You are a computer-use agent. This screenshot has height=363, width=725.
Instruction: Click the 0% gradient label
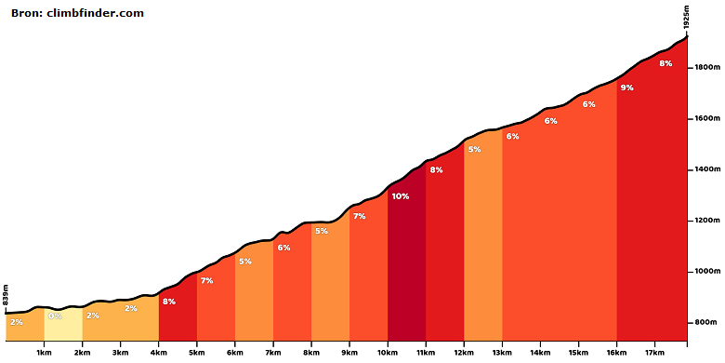click(x=55, y=316)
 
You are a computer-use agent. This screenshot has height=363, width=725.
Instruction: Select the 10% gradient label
click(x=401, y=196)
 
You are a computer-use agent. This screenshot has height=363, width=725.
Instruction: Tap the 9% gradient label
click(x=627, y=87)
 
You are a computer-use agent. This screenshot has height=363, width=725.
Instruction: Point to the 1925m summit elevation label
click(x=687, y=19)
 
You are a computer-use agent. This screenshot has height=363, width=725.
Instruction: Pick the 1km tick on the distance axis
click(x=44, y=352)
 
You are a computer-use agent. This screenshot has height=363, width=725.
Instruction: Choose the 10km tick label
click(x=388, y=352)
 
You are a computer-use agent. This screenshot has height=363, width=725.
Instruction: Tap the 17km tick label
click(x=654, y=352)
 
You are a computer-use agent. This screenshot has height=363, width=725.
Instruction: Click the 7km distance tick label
click(x=273, y=352)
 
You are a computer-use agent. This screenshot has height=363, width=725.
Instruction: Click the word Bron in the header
click(x=26, y=13)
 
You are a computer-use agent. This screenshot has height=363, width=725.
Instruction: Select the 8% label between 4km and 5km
click(x=169, y=302)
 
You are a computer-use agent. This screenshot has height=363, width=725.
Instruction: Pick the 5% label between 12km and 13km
click(x=474, y=150)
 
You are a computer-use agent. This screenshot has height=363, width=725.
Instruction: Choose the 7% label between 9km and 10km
click(x=360, y=216)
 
